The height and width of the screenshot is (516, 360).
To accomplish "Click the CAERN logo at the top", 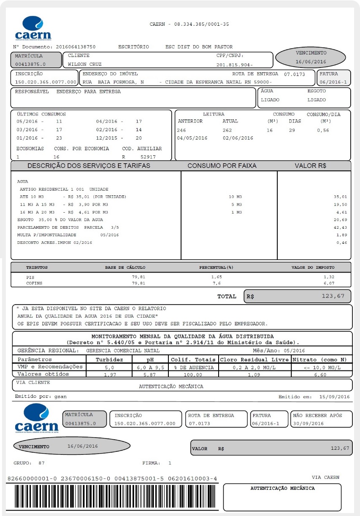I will (33, 29).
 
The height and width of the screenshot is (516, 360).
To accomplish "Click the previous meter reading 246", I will (181, 130).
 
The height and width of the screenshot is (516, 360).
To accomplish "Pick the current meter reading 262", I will (227, 130).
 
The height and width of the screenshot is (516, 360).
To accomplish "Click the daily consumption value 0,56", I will (323, 130).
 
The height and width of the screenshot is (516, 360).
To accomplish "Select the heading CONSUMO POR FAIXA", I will (222, 166).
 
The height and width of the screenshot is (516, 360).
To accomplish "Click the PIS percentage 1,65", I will (216, 277).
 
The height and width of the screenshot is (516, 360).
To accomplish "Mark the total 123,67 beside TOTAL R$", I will (333, 296).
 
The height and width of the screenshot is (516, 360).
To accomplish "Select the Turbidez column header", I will (109, 359).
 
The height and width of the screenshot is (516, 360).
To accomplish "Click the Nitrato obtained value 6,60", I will (321, 375).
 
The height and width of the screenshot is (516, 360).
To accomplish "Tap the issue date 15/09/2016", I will (334, 397).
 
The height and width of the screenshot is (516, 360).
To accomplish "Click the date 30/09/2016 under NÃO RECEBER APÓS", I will (308, 423).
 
